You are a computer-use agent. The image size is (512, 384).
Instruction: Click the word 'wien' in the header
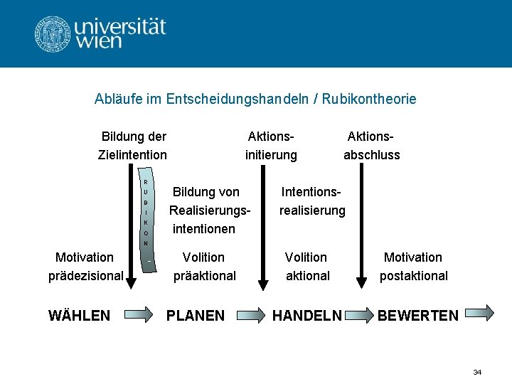(x=100, y=41)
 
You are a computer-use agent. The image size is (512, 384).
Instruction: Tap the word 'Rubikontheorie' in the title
(x=369, y=99)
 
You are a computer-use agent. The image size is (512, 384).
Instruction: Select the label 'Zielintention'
(x=132, y=154)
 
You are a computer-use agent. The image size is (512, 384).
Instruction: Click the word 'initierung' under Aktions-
(x=270, y=154)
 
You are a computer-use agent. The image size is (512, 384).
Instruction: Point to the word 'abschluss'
(x=371, y=154)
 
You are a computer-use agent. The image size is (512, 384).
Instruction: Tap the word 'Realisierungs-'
(x=210, y=210)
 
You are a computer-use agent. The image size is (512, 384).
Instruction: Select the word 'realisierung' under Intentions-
(x=312, y=210)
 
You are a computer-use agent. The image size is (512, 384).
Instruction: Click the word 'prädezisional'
(x=86, y=275)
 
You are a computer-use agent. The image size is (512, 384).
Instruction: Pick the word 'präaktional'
(x=205, y=275)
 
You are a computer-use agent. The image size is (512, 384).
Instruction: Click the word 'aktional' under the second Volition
(x=308, y=275)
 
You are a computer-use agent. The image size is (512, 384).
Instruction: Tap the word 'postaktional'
(x=413, y=275)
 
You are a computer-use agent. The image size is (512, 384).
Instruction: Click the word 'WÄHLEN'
(x=79, y=315)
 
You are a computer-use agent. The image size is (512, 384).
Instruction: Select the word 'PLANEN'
(x=195, y=315)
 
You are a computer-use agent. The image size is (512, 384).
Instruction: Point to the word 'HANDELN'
(x=307, y=315)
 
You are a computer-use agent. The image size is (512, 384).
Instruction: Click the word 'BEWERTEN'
(x=418, y=315)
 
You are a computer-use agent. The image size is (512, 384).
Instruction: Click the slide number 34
(x=477, y=372)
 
